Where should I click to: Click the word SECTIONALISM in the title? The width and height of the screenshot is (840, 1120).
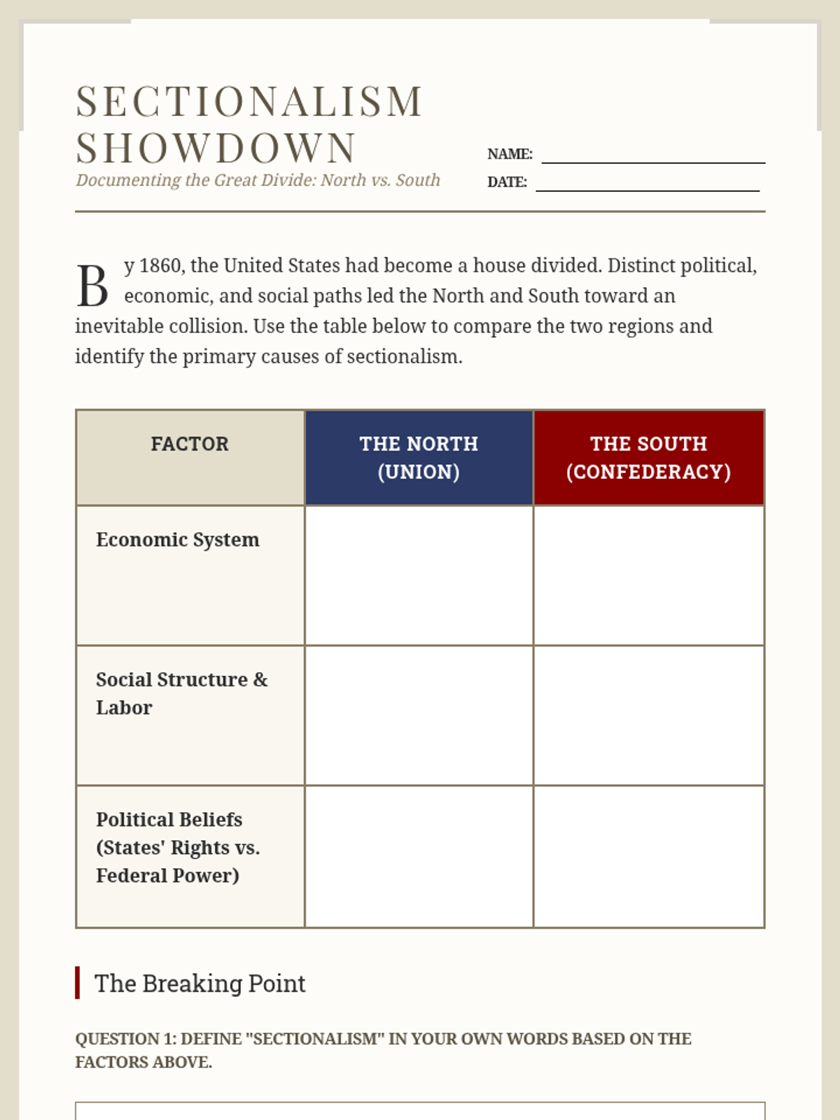[249, 101]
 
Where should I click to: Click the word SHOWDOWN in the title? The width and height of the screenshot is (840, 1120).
[216, 148]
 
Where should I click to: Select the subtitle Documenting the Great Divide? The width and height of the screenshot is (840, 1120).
[258, 181]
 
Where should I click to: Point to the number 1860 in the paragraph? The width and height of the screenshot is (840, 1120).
[160, 266]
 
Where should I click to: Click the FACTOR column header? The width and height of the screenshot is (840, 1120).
[190, 444]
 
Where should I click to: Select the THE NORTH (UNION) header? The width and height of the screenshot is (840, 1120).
[419, 458]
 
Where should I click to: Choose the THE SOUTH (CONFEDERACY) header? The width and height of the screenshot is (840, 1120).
[648, 458]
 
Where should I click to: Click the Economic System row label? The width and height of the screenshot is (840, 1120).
[178, 540]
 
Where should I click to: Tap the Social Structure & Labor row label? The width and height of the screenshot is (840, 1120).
[181, 693]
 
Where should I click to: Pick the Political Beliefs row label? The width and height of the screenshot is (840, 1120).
[178, 847]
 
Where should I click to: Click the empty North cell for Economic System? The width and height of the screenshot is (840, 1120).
[419, 575]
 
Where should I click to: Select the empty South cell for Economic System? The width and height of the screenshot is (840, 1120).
[648, 575]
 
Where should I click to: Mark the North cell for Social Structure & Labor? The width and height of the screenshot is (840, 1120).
[419, 715]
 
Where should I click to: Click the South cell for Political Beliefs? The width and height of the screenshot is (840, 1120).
[648, 856]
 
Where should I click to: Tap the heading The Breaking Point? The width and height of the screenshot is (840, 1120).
[200, 983]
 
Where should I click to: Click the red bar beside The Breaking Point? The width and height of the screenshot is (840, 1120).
[77, 983]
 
